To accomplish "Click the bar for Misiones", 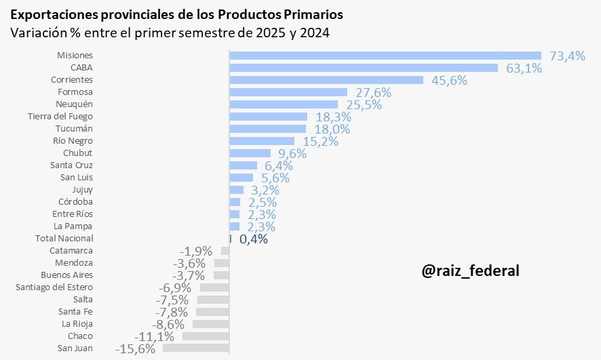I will click(x=385, y=56).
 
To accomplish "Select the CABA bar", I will click(x=364, y=68).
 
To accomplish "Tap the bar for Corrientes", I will click(x=326, y=80).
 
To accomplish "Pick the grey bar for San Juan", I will click(x=196, y=348).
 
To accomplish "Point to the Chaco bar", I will click(x=206, y=336).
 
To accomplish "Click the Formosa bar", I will click(x=288, y=92).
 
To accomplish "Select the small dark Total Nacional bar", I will click(x=231, y=239).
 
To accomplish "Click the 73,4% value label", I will click(x=567, y=56).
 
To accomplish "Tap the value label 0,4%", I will click(x=254, y=239).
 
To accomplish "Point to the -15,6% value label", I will click(x=135, y=349).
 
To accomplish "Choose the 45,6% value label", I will click(x=448, y=81).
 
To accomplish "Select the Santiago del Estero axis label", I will click(x=54, y=287).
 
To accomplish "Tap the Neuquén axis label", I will click(x=75, y=104).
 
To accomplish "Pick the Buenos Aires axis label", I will click(x=66, y=275).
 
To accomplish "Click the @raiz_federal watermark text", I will click(x=470, y=271).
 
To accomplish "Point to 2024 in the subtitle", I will click(x=314, y=33).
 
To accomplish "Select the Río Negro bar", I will click(x=262, y=141).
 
